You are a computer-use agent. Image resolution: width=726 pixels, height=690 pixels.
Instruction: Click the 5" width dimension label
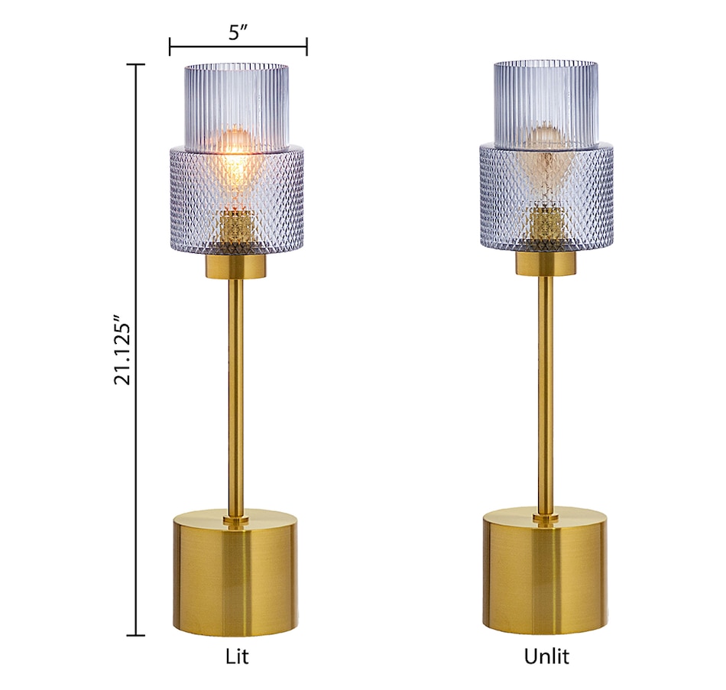pos(238,32)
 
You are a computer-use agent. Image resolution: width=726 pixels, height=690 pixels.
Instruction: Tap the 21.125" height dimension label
pos(123,350)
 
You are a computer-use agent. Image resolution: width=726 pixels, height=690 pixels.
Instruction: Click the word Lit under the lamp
pos(237,656)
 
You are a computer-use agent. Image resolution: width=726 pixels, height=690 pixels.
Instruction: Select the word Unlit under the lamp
pos(546,656)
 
